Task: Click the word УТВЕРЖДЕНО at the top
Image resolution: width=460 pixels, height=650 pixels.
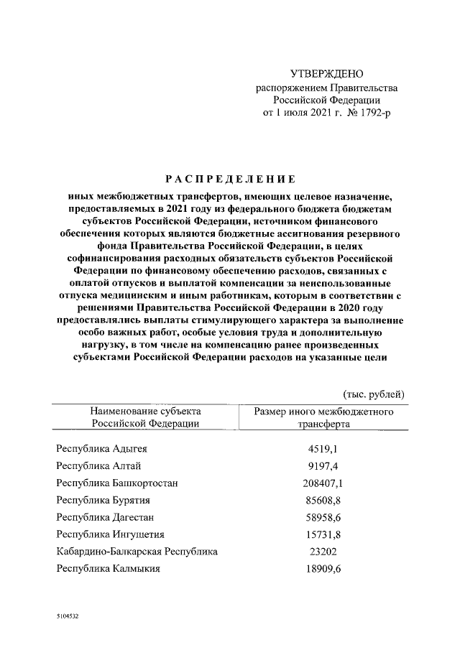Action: click(x=327, y=74)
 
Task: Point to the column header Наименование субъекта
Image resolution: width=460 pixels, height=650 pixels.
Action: click(x=145, y=412)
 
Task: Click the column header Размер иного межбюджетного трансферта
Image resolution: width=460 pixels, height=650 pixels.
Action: click(x=324, y=418)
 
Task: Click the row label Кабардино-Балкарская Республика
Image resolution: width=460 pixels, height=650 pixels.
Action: click(x=137, y=552)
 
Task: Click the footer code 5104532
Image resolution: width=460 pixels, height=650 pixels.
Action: click(x=68, y=617)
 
